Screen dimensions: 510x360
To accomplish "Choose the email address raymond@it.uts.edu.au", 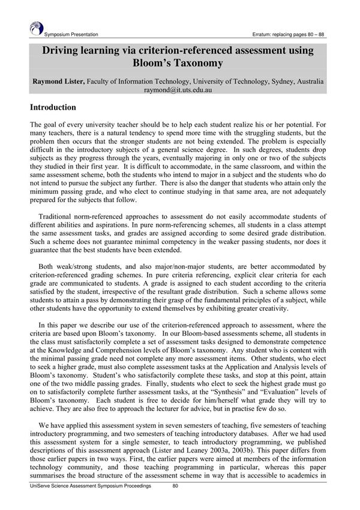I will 179,90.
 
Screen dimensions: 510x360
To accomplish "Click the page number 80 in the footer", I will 176,486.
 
